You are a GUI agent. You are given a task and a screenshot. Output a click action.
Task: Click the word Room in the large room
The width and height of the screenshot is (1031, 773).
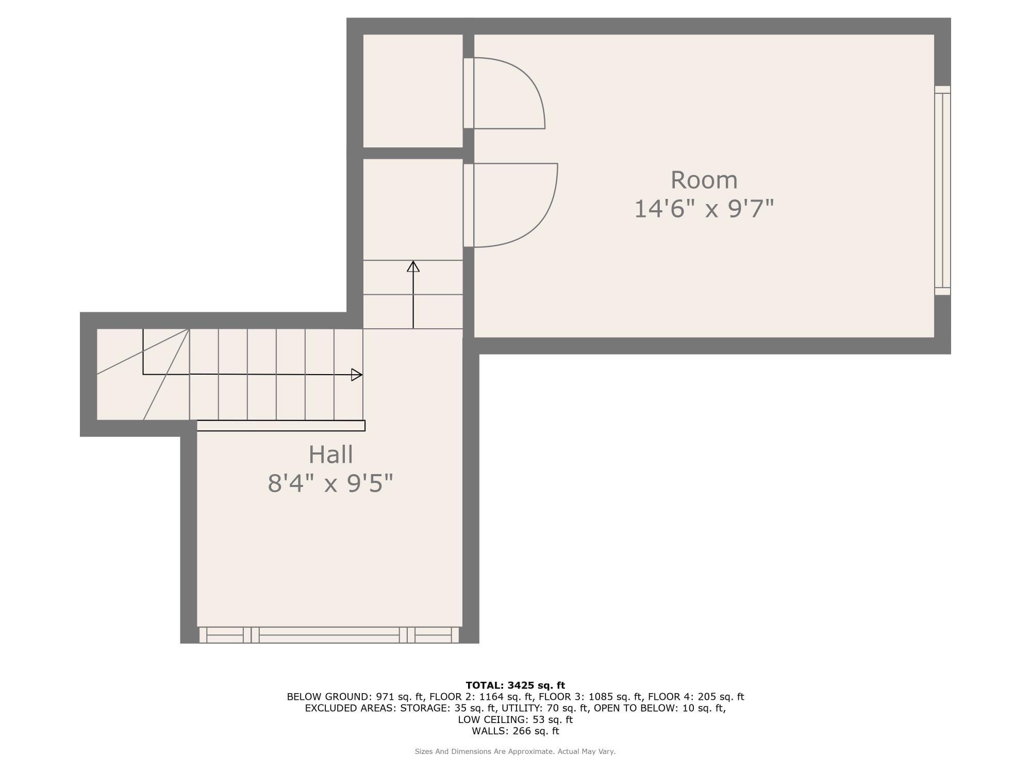pyautogui.click(x=704, y=180)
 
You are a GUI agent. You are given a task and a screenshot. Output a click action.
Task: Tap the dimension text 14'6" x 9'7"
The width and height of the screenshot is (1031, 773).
pyautogui.click(x=704, y=209)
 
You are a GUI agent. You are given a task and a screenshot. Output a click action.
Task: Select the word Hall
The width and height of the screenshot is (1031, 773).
pyautogui.click(x=330, y=455)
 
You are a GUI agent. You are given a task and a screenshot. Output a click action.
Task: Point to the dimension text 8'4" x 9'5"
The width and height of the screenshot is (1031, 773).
pyautogui.click(x=330, y=484)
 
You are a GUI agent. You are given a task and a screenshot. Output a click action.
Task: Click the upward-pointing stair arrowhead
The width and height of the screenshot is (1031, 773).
pyautogui.click(x=413, y=266)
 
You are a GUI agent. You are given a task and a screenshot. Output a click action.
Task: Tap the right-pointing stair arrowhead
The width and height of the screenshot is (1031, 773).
pyautogui.click(x=356, y=375)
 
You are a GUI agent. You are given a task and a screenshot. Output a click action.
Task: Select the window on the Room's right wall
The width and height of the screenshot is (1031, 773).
pyautogui.click(x=942, y=190)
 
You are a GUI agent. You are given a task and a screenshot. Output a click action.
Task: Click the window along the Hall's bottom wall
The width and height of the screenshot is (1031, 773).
pyautogui.click(x=329, y=635)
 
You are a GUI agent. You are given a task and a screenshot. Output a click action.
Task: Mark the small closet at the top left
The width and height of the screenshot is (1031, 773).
pyautogui.click(x=412, y=91)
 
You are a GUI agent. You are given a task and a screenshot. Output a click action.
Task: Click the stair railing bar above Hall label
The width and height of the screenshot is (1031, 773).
pyautogui.click(x=281, y=426)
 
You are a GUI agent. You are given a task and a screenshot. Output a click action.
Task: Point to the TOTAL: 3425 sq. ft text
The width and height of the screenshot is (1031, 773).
pyautogui.click(x=515, y=685)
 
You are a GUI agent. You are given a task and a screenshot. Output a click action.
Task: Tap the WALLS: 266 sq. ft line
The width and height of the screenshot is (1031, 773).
pyautogui.click(x=515, y=731)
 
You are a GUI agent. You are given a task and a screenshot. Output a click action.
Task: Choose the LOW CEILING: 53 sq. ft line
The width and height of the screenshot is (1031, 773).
pyautogui.click(x=515, y=719)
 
